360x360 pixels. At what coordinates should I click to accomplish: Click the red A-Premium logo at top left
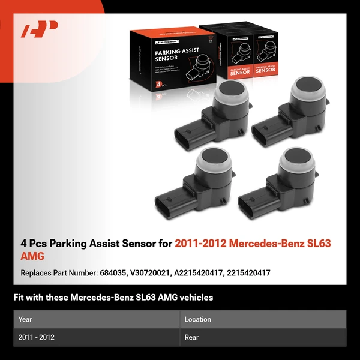(x=40, y=29)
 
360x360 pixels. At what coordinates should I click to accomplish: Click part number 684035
(x=112, y=272)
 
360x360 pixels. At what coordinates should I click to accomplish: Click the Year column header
(x=25, y=319)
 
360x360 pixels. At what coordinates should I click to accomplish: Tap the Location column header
(x=199, y=319)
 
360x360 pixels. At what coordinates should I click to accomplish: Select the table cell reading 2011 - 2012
(x=37, y=337)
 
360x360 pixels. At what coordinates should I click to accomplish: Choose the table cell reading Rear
(x=191, y=337)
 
